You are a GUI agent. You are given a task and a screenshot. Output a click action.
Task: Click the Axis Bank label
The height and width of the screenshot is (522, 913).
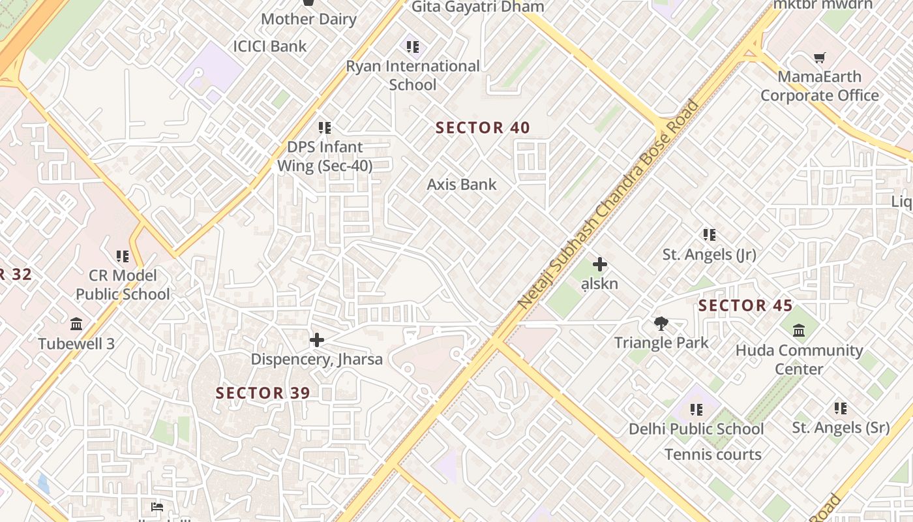click(x=462, y=185)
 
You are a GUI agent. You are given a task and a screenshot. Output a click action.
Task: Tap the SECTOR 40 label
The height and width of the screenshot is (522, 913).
click(x=483, y=128)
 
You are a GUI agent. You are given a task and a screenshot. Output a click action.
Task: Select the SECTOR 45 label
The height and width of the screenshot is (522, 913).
click(x=745, y=305)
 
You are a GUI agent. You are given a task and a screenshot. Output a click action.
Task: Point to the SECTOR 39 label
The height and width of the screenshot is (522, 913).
click(x=263, y=393)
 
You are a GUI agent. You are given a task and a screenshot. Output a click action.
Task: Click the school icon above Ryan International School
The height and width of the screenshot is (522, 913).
click(x=413, y=47)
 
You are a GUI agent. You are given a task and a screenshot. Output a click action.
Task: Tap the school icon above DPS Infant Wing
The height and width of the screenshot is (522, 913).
click(x=325, y=128)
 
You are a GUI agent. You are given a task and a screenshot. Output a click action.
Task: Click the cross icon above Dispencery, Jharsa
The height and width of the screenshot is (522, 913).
click(x=317, y=340)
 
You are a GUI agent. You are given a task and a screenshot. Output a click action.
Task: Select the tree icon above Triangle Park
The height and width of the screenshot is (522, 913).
click(x=661, y=324)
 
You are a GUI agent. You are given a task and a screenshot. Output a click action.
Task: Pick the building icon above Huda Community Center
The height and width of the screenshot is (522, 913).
click(x=799, y=331)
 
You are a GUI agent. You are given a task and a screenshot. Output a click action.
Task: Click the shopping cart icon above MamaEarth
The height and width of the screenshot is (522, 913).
click(x=820, y=58)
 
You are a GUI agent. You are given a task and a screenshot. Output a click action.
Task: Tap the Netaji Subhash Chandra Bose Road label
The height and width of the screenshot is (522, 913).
click(x=608, y=204)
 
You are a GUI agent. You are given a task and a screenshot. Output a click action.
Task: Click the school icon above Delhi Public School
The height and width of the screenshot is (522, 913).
click(x=696, y=410)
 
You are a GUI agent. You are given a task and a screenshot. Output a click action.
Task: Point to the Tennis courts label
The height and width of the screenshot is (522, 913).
click(x=713, y=454)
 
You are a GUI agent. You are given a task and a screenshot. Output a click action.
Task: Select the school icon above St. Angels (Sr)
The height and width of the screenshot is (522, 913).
click(x=841, y=408)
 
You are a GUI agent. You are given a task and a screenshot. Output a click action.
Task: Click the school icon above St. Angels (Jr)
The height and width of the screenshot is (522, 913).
click(x=710, y=235)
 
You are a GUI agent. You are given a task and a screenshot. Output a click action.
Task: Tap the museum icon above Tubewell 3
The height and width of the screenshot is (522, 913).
click(x=76, y=324)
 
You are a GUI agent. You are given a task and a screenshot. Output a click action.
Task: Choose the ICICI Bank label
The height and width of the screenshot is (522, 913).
click(x=270, y=46)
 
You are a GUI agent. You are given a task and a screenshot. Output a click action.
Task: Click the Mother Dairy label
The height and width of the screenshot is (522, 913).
click(x=308, y=19)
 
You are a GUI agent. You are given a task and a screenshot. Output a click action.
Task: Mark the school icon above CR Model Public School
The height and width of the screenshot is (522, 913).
click(x=123, y=256)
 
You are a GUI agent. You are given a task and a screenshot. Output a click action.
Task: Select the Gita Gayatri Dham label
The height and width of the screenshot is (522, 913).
click(x=477, y=7)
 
